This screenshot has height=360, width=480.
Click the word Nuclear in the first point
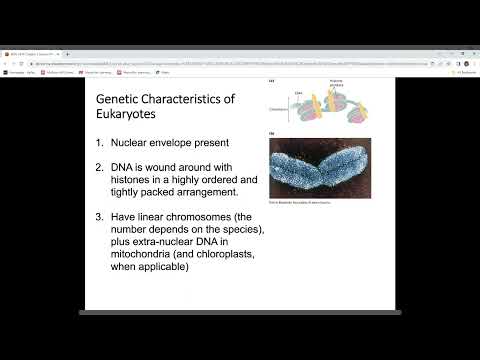click(x=132, y=143)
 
